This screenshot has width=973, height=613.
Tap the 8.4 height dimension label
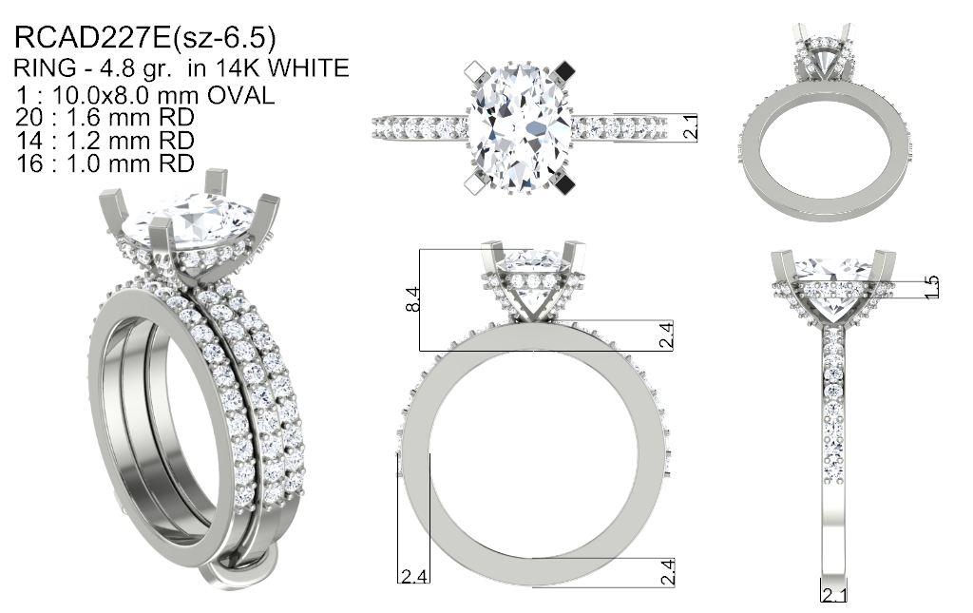coord(412,299)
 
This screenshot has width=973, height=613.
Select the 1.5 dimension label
coord(931,287)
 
